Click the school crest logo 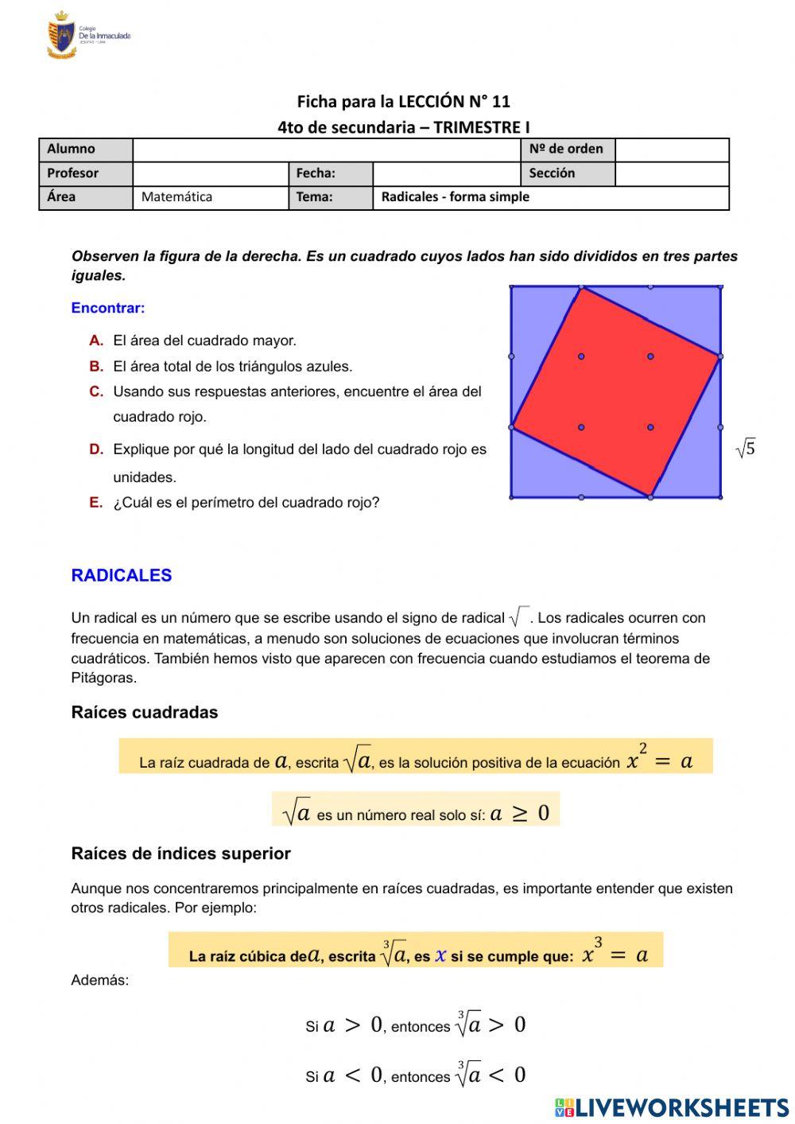pos(62,35)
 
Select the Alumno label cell pos(85,150)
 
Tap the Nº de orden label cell pos(567,150)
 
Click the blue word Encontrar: pos(108,308)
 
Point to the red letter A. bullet pos(96,340)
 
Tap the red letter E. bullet pos(96,503)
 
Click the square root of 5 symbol pos(745,449)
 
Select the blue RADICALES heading pos(122,575)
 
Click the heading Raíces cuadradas pos(145,712)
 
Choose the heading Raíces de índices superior pos(180,854)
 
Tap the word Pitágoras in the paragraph pos(103,678)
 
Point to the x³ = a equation pos(615,952)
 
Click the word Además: pos(99,980)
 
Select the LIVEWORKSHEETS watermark pos(672,1107)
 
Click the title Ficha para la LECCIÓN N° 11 pos(403,101)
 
